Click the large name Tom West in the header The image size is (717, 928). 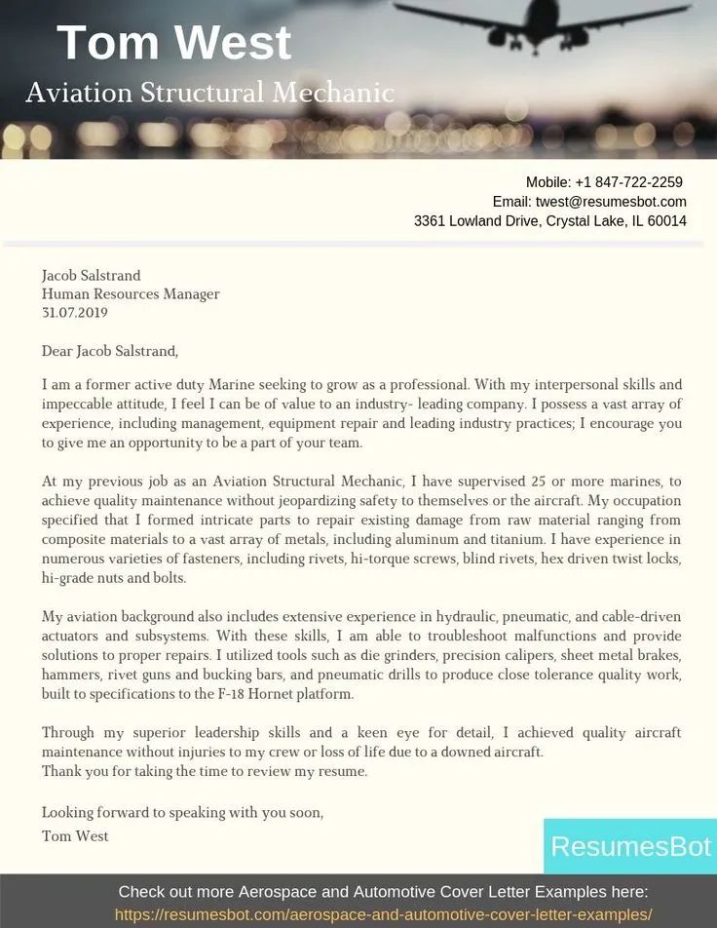tap(173, 43)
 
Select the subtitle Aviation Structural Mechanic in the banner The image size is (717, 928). tap(209, 93)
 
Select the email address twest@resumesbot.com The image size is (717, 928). tap(611, 202)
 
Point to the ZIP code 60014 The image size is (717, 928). tap(666, 221)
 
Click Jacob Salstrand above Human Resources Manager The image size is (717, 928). tap(91, 275)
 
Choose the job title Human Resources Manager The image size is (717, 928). tap(130, 293)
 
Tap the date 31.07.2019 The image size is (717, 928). tap(74, 313)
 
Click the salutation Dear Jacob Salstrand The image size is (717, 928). tap(109, 351)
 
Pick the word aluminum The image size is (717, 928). tap(390, 539)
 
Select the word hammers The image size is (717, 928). tap(67, 675)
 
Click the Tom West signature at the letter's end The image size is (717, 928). tap(75, 835)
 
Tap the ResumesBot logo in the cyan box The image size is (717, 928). tap(630, 846)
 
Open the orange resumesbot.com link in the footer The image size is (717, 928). tap(383, 914)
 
